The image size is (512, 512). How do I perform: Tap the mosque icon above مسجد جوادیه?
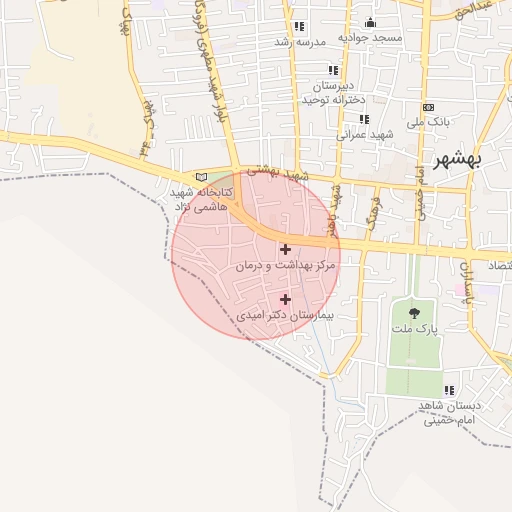[370, 23]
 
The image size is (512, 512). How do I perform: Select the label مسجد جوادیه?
[369, 38]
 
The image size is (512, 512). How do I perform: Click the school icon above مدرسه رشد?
[298, 27]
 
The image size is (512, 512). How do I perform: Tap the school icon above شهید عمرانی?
[349, 118]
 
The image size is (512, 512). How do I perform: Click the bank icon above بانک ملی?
[429, 107]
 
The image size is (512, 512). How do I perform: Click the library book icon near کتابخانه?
[203, 177]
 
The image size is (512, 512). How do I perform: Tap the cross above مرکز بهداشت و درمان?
[286, 249]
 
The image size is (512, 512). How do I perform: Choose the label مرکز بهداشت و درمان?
[286, 267]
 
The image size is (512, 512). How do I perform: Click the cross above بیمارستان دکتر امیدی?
[286, 298]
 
